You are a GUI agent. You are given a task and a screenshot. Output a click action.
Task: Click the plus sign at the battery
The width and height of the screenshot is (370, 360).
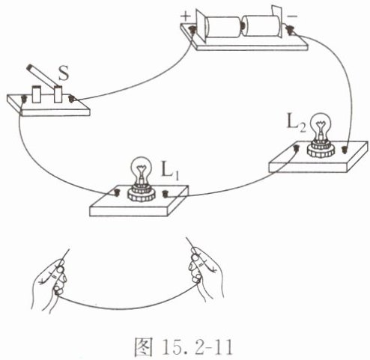click(186, 16)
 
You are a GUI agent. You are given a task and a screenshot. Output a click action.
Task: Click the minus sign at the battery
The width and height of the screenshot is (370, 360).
click(292, 16)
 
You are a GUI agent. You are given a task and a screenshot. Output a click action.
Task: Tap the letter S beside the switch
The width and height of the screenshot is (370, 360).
click(63, 73)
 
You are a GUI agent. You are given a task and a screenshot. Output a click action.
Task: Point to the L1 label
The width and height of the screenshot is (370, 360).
click(171, 171)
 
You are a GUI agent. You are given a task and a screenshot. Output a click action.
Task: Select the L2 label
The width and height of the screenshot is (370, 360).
click(297, 123)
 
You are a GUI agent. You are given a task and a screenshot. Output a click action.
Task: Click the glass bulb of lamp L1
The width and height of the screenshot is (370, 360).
click(142, 168)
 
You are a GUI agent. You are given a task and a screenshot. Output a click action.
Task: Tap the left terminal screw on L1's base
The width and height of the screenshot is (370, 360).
click(117, 192)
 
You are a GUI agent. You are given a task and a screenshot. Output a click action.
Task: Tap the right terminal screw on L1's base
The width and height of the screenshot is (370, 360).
click(165, 194)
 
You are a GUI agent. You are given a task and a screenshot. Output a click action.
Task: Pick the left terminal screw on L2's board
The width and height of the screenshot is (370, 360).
click(297, 148)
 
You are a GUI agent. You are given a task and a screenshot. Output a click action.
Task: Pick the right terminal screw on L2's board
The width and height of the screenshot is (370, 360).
click(345, 150)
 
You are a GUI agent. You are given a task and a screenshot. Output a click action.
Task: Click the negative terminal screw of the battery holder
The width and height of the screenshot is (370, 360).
click(290, 31)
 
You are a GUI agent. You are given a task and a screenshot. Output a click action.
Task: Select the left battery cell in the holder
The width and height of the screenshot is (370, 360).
click(222, 27)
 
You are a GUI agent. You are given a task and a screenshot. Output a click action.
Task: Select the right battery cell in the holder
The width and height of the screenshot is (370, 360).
click(261, 25)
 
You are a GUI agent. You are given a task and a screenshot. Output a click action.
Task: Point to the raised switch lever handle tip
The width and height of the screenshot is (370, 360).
click(30, 67)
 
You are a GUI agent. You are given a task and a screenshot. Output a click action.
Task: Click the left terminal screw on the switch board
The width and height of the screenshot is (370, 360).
click(24, 99)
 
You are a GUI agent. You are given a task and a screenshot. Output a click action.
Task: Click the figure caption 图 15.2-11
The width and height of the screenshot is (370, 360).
click(184, 347)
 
